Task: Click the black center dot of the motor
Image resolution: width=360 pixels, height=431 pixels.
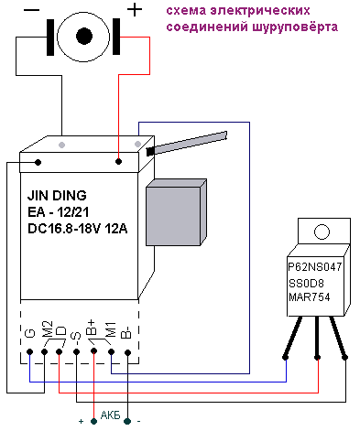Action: click(x=84, y=36)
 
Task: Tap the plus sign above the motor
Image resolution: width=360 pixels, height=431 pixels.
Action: click(x=135, y=10)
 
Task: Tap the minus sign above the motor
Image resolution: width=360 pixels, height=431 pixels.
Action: click(x=31, y=10)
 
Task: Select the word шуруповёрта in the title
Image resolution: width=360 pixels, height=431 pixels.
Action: click(x=295, y=27)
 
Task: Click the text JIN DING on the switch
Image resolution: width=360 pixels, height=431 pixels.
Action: click(x=57, y=196)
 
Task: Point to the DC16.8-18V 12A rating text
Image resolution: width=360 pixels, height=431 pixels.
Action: click(x=78, y=229)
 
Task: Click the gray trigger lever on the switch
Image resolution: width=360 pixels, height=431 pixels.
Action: click(x=187, y=143)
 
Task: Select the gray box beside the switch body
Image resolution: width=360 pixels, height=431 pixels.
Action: click(x=176, y=212)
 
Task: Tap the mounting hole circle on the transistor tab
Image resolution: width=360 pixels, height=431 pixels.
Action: click(x=322, y=232)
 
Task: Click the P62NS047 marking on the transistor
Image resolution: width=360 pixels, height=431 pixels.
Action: click(x=315, y=267)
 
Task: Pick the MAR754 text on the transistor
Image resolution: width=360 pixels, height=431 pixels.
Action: click(x=310, y=297)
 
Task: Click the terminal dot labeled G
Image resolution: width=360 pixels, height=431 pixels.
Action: click(x=29, y=351)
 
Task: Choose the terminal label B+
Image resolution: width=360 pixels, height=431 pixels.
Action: click(x=92, y=328)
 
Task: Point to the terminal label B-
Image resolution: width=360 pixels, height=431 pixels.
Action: click(x=126, y=331)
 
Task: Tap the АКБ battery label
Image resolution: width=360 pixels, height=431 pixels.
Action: click(x=111, y=415)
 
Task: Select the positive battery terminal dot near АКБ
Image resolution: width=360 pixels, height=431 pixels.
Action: click(x=94, y=422)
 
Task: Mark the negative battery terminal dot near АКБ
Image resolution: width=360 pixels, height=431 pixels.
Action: click(x=127, y=422)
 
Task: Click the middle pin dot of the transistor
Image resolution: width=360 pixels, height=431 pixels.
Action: click(x=318, y=357)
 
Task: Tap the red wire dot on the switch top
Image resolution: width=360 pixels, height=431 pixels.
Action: click(x=118, y=161)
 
